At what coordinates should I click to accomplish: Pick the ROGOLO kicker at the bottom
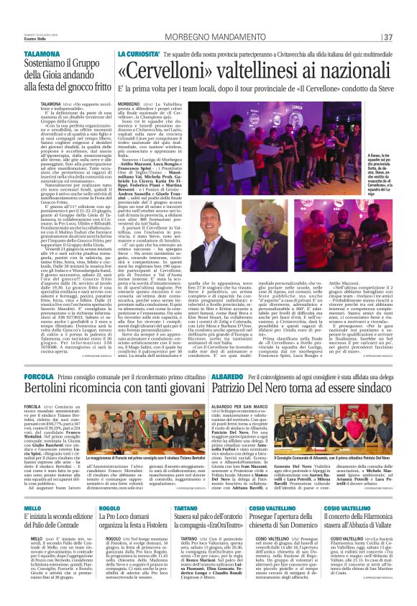pyautogui.click(x=111, y=509)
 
